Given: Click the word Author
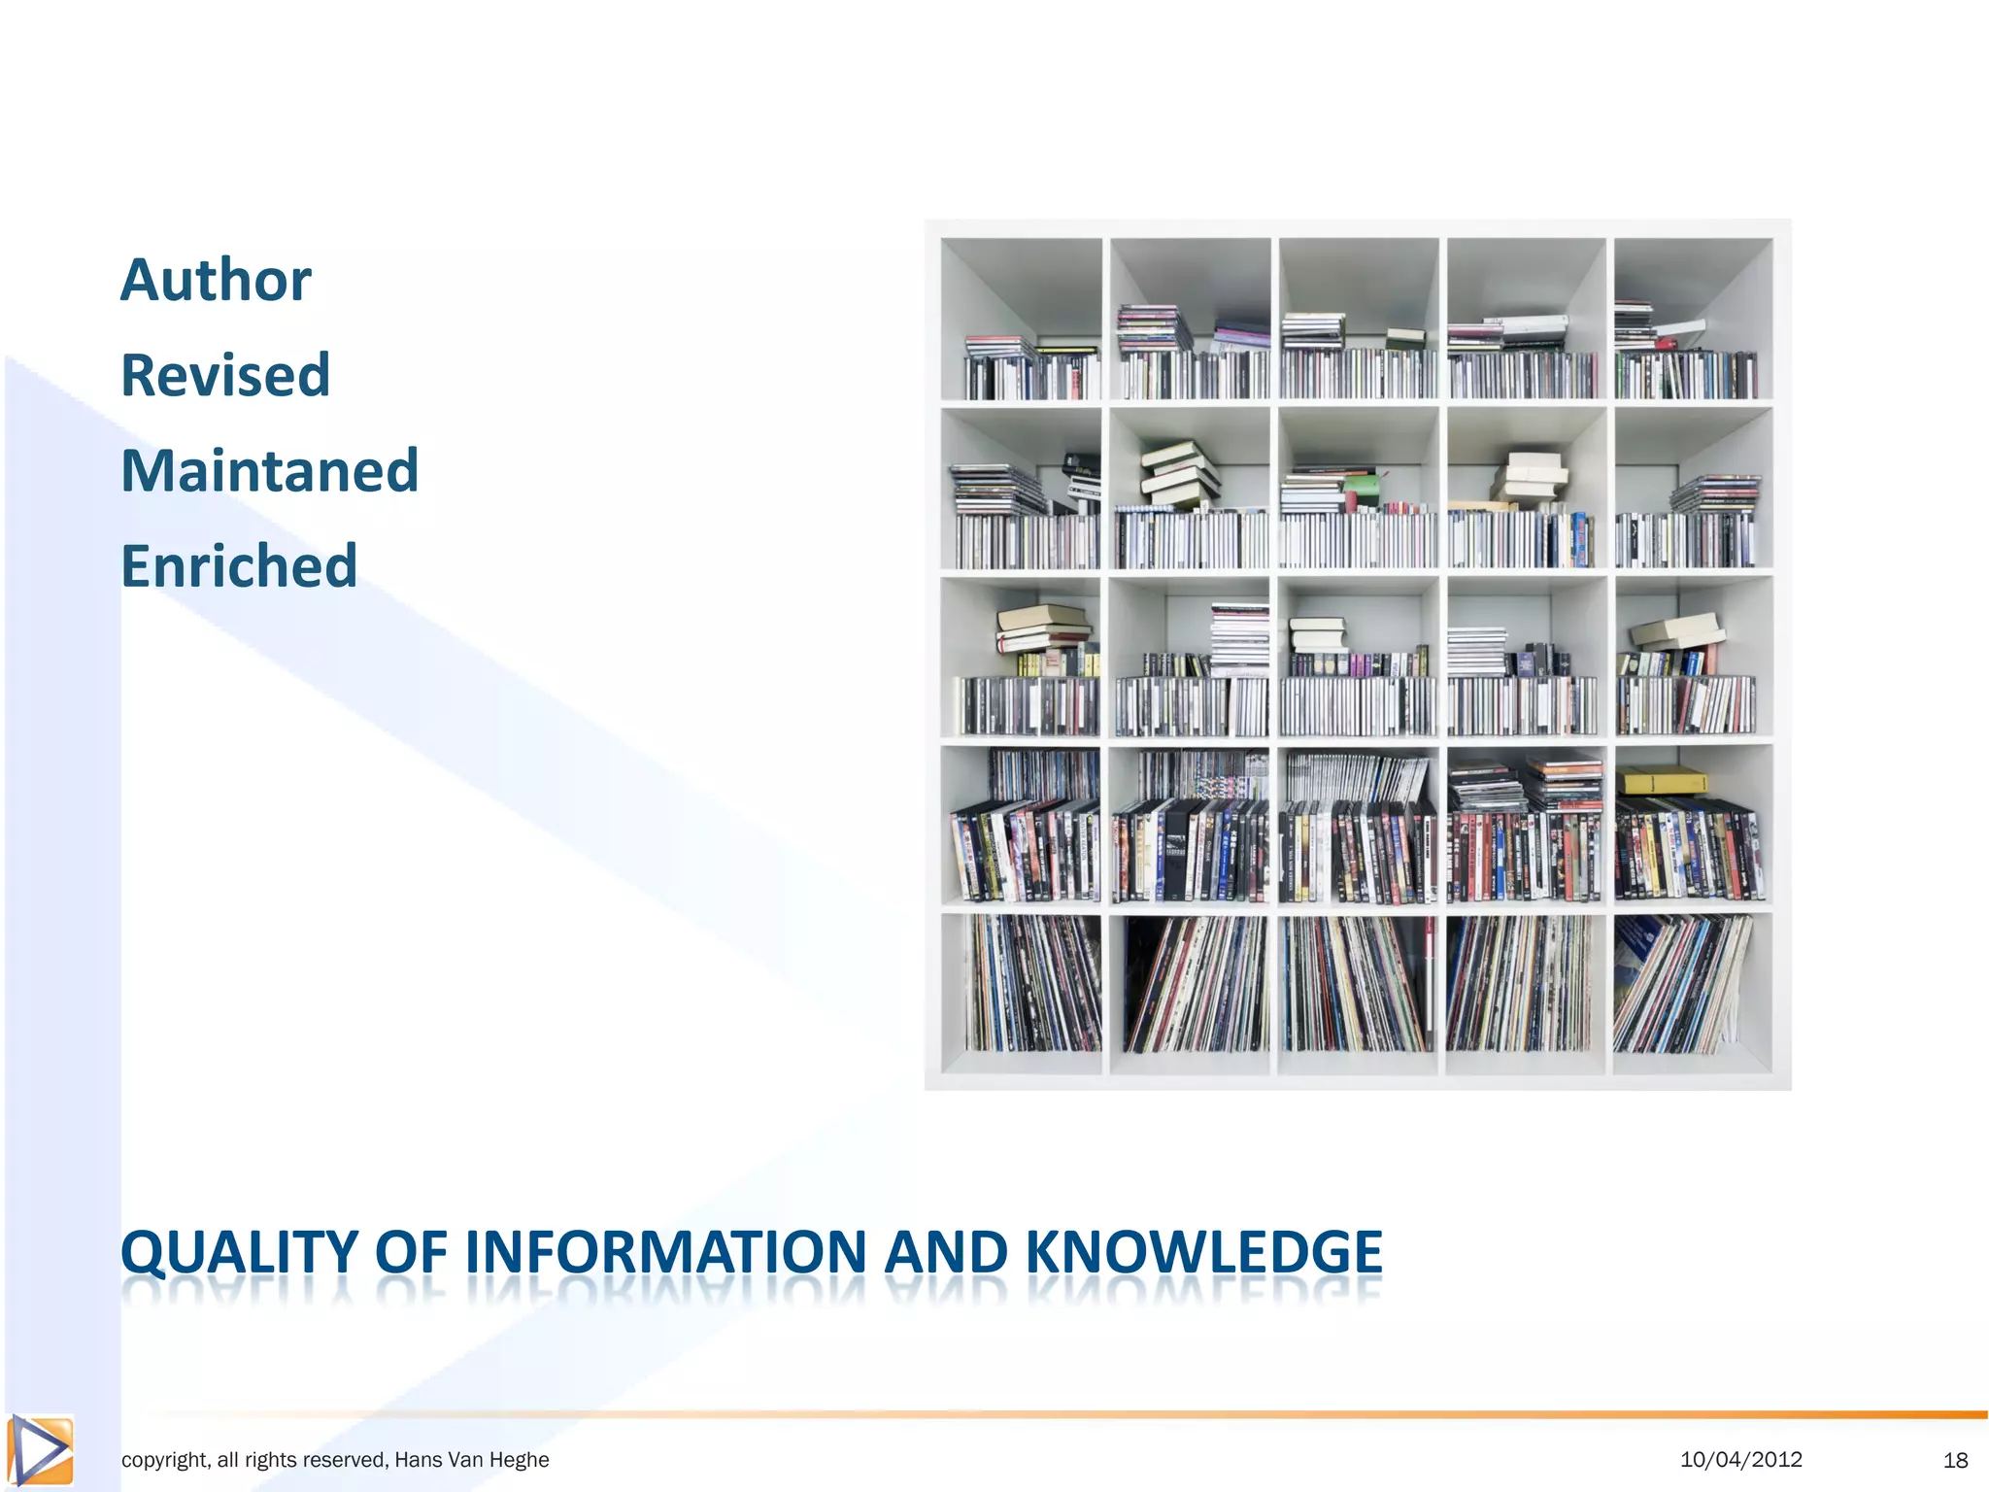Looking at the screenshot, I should tap(216, 281).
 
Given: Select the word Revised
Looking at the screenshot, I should tap(225, 376).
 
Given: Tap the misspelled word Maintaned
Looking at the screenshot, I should tap(269, 471).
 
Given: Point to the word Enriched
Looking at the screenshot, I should tap(239, 566).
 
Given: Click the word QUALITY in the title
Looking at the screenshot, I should tap(239, 1252).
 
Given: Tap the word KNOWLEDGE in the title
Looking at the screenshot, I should tap(1203, 1252).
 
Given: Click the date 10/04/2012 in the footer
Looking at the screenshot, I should tap(1740, 1459).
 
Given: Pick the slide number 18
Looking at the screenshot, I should tap(1955, 1460).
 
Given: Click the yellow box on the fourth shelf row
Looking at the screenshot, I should tap(1661, 780).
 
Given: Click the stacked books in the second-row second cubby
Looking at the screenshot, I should tap(1180, 474).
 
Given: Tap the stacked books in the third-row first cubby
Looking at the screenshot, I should tap(1042, 628).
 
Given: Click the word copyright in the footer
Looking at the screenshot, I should tap(163, 1460).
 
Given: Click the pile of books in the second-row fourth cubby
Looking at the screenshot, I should tap(1529, 478).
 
